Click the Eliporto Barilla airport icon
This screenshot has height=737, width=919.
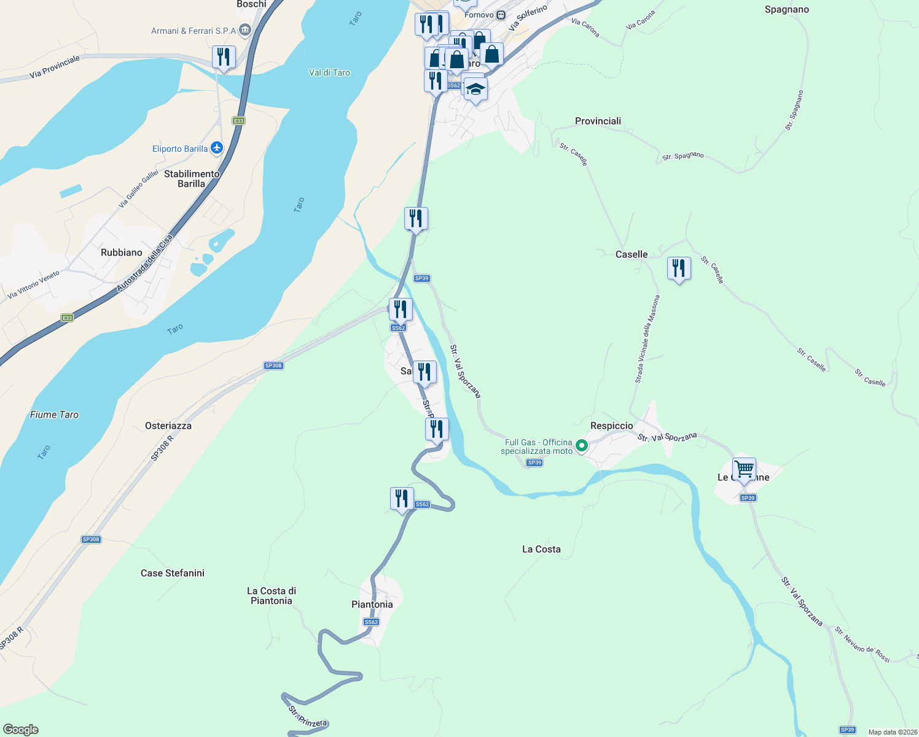click(x=216, y=148)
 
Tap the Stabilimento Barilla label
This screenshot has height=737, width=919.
click(x=192, y=179)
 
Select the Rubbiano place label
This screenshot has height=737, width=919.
click(x=122, y=252)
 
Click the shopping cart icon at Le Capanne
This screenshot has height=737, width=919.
click(x=744, y=469)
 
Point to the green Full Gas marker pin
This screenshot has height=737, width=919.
click(x=581, y=445)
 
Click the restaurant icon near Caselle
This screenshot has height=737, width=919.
click(x=679, y=268)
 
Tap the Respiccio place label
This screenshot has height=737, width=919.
click(x=611, y=426)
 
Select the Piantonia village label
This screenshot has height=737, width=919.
click(x=372, y=604)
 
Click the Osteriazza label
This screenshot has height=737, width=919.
click(x=168, y=426)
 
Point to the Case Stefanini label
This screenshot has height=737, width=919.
click(x=173, y=573)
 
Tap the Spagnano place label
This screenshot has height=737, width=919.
click(x=786, y=9)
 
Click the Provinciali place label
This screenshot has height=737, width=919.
click(x=598, y=121)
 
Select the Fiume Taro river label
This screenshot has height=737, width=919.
click(x=54, y=415)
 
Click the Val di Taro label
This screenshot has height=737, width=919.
click(x=329, y=72)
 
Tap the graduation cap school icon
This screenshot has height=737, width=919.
click(x=475, y=90)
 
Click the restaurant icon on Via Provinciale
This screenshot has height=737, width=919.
click(x=224, y=57)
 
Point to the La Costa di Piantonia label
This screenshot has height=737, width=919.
click(x=272, y=596)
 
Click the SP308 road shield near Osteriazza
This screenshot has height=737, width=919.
click(x=273, y=365)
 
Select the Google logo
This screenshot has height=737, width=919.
click(x=21, y=730)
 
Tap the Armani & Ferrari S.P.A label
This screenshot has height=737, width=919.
click(x=194, y=31)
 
